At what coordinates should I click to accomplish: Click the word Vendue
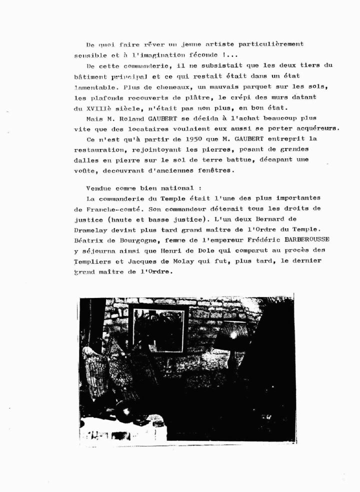pos(98,188)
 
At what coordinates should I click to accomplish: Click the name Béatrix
pos(90,240)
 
